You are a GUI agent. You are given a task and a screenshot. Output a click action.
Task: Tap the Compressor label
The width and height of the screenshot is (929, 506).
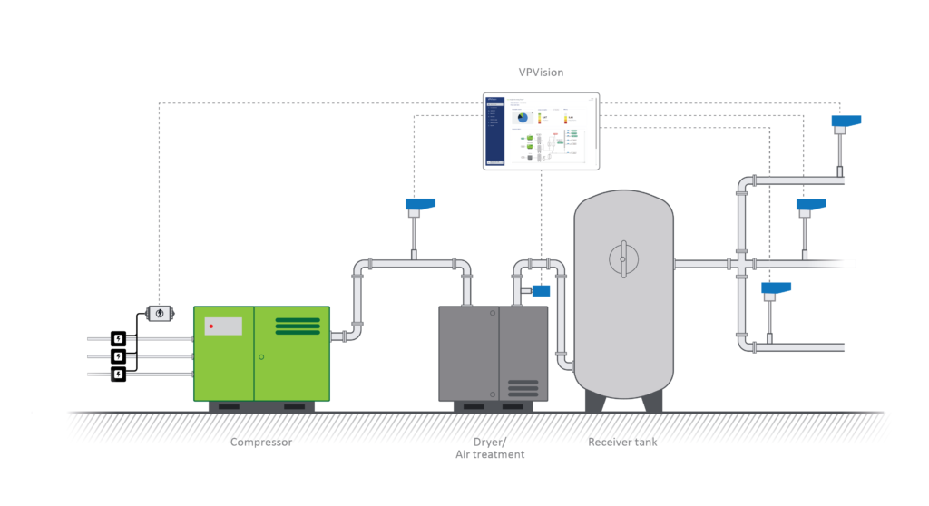click(x=261, y=443)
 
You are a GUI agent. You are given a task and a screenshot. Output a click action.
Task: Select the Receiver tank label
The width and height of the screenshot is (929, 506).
click(x=622, y=443)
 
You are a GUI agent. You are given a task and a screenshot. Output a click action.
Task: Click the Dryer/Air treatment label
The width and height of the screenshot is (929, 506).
click(x=489, y=448)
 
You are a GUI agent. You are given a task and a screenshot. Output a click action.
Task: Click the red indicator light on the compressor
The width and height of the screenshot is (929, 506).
click(x=210, y=325)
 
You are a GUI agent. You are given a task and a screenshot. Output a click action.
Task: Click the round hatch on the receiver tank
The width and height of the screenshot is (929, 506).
click(x=622, y=258)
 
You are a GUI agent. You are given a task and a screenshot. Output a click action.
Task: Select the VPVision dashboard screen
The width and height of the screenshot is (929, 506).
click(x=541, y=131)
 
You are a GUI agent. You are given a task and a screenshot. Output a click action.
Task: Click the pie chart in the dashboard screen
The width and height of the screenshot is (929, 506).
click(x=522, y=118)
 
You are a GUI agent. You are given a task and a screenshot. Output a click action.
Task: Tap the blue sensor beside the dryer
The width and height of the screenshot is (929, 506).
click(x=542, y=290)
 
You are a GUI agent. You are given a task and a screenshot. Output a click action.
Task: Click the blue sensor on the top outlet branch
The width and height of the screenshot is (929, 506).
click(x=846, y=122)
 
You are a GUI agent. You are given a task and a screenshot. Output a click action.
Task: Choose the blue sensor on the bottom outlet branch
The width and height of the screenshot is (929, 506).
click(x=775, y=290)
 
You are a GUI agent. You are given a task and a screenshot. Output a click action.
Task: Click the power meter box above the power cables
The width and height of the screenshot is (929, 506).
click(x=161, y=314)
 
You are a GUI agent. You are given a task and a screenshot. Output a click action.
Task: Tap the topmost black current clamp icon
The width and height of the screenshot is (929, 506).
click(x=118, y=338)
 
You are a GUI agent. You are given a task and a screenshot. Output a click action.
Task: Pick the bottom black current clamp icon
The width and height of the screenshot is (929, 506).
click(x=118, y=373)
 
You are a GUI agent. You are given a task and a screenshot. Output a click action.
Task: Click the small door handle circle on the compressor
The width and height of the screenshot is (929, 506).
click(x=261, y=357)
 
